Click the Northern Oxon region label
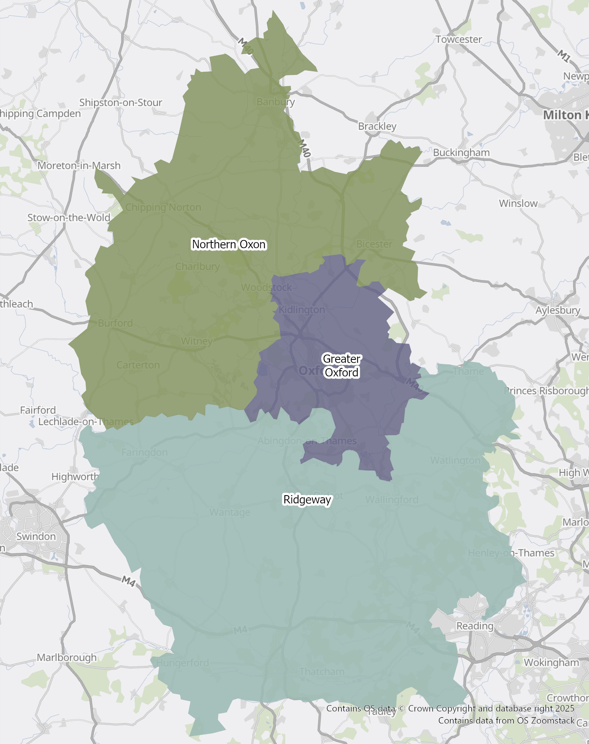[229, 244]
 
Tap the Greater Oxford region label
[341, 366]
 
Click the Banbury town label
[275, 102]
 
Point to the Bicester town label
[374, 244]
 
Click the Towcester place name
[458, 39]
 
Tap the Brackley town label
[377, 126]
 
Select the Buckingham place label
[461, 152]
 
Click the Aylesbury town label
[558, 310]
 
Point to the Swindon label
[36, 537]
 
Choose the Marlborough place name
[67, 657]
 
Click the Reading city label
[475, 626]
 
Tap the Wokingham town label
[551, 663]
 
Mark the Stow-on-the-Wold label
[69, 218]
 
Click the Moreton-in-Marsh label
[79, 166]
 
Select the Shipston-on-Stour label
[121, 103]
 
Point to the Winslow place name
[518, 203]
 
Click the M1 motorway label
[564, 56]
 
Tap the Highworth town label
[75, 477]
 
